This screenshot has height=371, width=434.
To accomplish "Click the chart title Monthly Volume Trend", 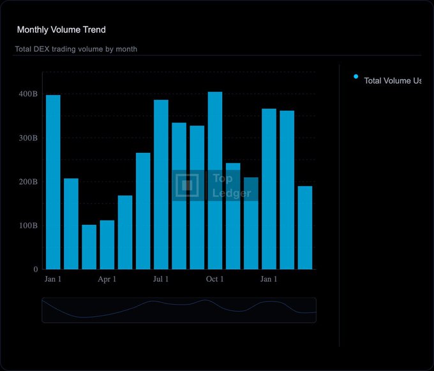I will pyautogui.click(x=61, y=30).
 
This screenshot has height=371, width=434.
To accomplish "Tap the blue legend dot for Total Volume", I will pyautogui.click(x=355, y=77).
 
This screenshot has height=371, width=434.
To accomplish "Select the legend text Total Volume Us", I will pyautogui.click(x=393, y=81).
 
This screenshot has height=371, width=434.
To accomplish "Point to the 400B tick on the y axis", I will pyautogui.click(x=28, y=94).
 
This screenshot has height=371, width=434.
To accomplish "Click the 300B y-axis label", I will pyautogui.click(x=28, y=138).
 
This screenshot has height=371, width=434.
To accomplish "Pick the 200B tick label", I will pyautogui.click(x=28, y=182).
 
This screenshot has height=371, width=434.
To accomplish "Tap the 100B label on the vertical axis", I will pyautogui.click(x=28, y=226).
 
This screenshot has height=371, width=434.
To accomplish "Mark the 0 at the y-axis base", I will pyautogui.click(x=36, y=270).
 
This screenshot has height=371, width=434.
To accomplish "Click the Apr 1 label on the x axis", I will pyautogui.click(x=107, y=279).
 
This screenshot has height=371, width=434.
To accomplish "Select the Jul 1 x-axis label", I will pyautogui.click(x=161, y=279).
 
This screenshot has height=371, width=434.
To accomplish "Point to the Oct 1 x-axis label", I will pyautogui.click(x=215, y=279).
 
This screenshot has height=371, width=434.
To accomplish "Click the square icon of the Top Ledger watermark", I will pyautogui.click(x=187, y=185).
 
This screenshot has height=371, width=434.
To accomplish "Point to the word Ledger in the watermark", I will pyautogui.click(x=232, y=193).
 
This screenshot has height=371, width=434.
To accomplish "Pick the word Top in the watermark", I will pyautogui.click(x=223, y=179).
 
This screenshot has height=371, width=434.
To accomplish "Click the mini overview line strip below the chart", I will pyautogui.click(x=179, y=310).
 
